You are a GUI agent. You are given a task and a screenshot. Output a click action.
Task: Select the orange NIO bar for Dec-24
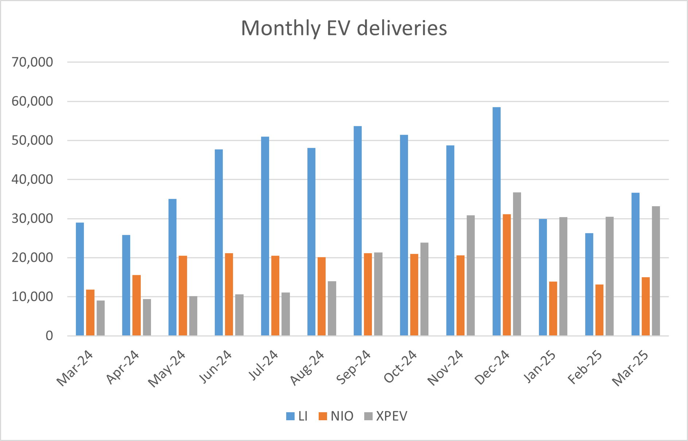pyautogui.click(x=507, y=275)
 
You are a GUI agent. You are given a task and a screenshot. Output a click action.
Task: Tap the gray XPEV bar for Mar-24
pyautogui.click(x=101, y=318)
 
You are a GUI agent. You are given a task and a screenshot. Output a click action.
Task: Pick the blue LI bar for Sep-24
pyautogui.click(x=358, y=231)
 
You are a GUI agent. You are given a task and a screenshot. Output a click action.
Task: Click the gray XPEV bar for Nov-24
pyautogui.click(x=471, y=275)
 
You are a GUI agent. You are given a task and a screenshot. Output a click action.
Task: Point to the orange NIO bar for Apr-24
pyautogui.click(x=136, y=305)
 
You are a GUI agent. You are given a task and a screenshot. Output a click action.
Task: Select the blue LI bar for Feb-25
pyautogui.click(x=589, y=284)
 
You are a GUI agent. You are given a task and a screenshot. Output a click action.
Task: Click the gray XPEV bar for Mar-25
pyautogui.click(x=656, y=271)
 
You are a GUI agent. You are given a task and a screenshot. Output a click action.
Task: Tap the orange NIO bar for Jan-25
pyautogui.click(x=553, y=308)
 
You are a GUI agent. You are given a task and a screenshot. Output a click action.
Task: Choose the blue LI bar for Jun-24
pyautogui.click(x=219, y=243)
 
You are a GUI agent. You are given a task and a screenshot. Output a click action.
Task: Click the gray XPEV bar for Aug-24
pyautogui.click(x=332, y=308)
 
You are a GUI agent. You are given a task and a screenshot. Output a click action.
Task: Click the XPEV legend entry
pyautogui.click(x=386, y=416)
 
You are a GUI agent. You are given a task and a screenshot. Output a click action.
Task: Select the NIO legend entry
pyautogui.click(x=336, y=416)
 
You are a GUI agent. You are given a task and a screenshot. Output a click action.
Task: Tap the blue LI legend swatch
pyautogui.click(x=290, y=416)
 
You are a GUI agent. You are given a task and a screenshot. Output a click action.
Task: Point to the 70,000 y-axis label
pyautogui.click(x=32, y=62)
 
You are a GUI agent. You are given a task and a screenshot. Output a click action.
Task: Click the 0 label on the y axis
pyautogui.click(x=49, y=336)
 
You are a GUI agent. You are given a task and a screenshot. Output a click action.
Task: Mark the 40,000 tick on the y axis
pyautogui.click(x=32, y=180)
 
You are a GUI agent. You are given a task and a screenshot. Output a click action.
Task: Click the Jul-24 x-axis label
pyautogui.click(x=264, y=365)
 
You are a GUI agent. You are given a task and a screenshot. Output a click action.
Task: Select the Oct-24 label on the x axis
pyautogui.click(x=400, y=367)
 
